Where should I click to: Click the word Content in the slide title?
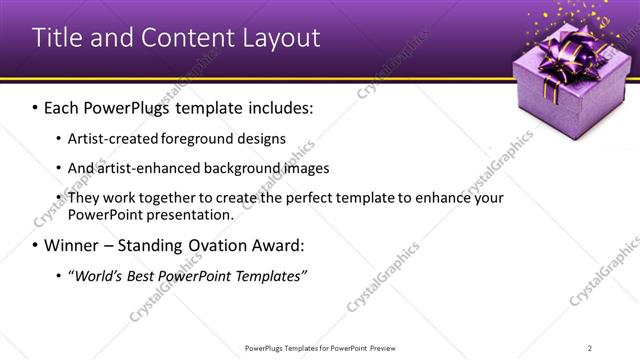coord(176,38)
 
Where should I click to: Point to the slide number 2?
coord(590,347)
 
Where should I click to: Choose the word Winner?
coord(74,245)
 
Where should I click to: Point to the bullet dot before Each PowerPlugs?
coord(35,106)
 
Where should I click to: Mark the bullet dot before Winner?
coord(35,246)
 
